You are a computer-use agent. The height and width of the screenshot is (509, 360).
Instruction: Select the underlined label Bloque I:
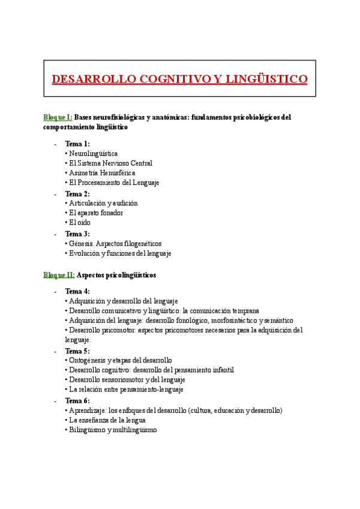tap(58, 118)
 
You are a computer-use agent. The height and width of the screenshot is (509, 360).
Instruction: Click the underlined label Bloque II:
tap(59, 275)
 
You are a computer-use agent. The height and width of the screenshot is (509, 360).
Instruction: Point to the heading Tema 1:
tap(77, 144)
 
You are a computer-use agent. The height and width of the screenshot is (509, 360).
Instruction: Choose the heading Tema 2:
tap(77, 194)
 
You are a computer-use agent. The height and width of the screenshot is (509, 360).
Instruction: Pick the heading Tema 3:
tap(77, 234)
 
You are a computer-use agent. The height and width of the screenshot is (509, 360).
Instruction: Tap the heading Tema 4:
tap(77, 291)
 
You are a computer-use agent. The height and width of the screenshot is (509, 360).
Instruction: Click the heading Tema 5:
tap(77, 351)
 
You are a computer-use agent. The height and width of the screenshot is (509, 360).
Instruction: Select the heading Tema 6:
tap(77, 400)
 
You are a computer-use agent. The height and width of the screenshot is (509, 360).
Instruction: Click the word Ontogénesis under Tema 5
tap(87, 360)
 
